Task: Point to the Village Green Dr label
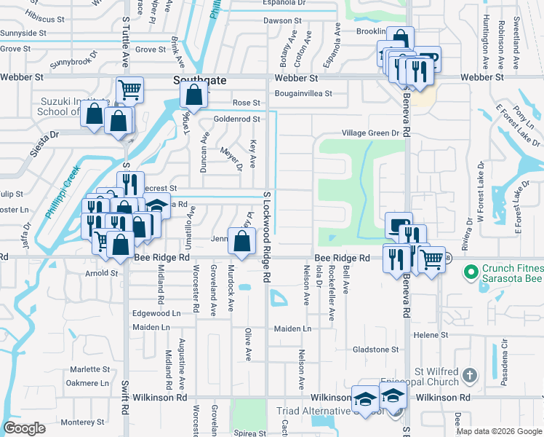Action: [372, 133]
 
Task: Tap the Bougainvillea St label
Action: [303, 93]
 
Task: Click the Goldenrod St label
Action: [236, 119]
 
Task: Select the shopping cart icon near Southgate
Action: [129, 90]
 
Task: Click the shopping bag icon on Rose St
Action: [193, 95]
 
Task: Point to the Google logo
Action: [24, 428]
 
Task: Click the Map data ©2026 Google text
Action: [499, 431]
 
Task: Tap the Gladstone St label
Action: [375, 350]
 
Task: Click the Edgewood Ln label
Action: [156, 313]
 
